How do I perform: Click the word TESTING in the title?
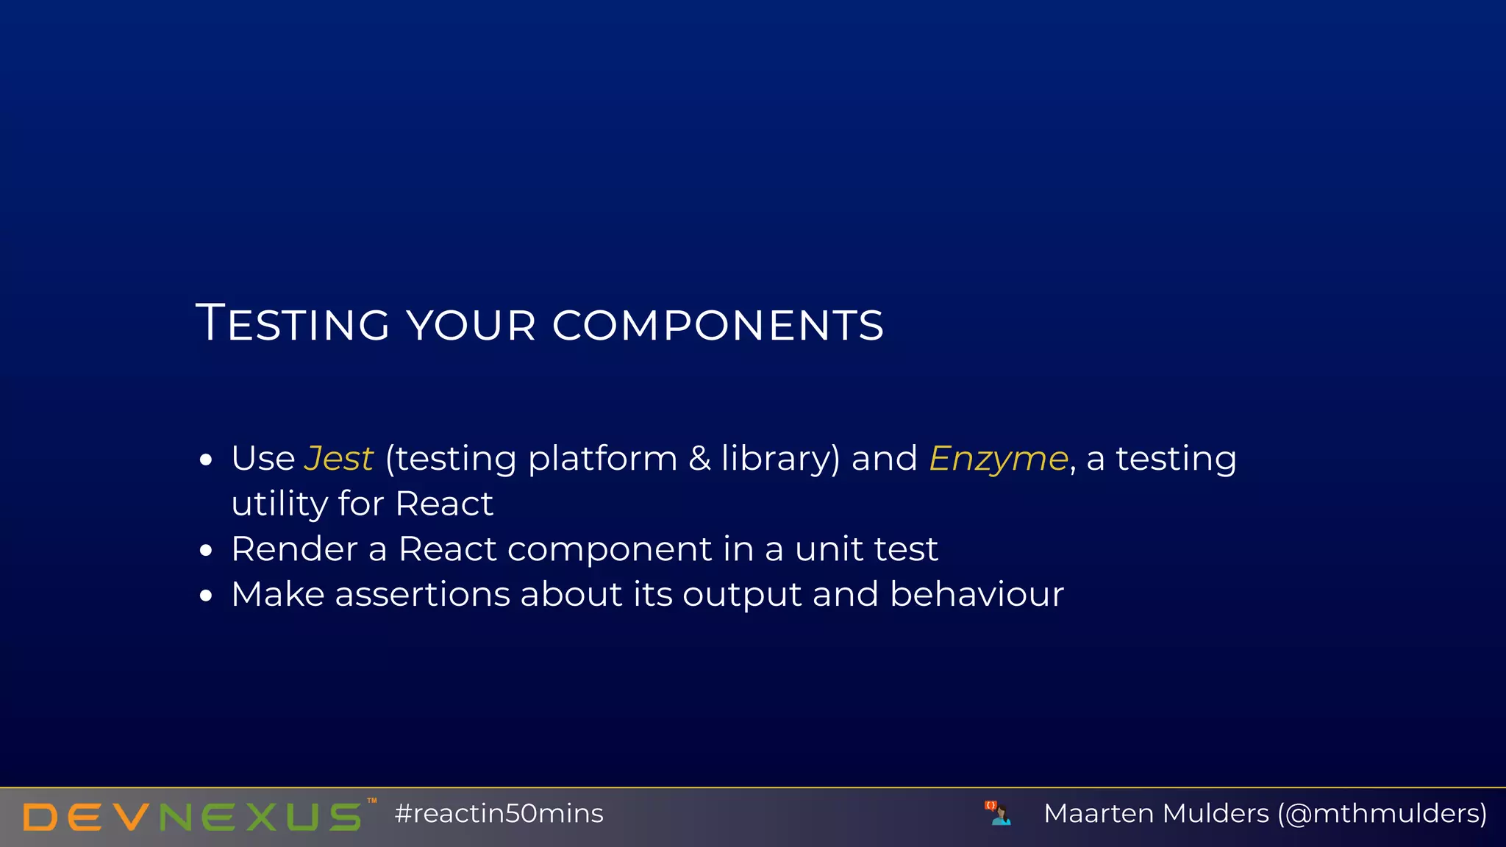(293, 324)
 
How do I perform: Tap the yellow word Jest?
(339, 459)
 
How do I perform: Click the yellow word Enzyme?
(998, 459)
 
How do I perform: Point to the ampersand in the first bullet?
(699, 459)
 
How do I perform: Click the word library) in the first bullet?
(780, 459)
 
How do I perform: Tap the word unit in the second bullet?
(829, 549)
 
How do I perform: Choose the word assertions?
(422, 594)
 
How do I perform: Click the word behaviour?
(977, 594)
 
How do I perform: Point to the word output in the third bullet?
(741, 596)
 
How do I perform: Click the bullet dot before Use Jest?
(206, 461)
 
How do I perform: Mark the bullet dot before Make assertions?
(206, 596)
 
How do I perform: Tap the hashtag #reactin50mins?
(499, 814)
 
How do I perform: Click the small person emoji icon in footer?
(998, 813)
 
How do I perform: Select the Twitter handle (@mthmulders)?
(1382, 814)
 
